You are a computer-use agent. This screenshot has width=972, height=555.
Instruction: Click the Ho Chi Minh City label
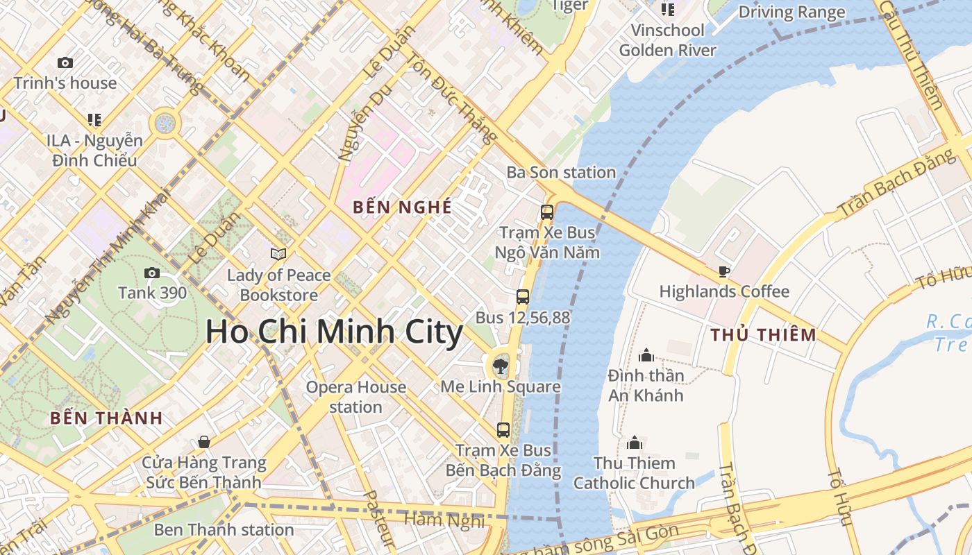[x=334, y=332]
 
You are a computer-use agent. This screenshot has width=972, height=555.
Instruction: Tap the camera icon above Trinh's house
[x=65, y=63]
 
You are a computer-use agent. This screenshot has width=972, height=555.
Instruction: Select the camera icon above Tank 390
[x=151, y=273]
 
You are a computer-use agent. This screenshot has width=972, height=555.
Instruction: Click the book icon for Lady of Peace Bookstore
[x=278, y=254]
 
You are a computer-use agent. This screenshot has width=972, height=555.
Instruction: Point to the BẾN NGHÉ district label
[x=402, y=207]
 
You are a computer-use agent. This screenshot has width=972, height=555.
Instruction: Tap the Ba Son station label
[x=561, y=172]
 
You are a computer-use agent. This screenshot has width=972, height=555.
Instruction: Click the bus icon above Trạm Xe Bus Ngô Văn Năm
[x=547, y=212]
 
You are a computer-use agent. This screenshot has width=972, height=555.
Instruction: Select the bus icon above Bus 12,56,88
[x=523, y=297]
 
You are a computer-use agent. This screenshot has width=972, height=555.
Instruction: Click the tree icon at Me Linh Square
[x=499, y=366]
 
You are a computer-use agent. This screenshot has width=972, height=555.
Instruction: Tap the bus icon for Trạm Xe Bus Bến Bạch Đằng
[x=503, y=430]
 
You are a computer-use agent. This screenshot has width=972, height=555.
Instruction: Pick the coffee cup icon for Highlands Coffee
[x=724, y=272]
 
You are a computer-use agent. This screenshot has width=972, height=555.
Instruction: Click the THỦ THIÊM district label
[x=764, y=335]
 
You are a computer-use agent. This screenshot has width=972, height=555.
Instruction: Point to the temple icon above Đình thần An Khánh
[x=646, y=356]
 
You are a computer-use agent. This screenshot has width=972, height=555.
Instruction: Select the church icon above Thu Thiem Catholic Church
[x=635, y=443]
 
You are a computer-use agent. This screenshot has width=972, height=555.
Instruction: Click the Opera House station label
[x=355, y=397]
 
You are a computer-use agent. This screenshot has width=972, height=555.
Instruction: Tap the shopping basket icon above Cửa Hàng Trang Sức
[x=204, y=442]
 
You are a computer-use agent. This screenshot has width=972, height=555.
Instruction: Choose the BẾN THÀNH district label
[x=106, y=418]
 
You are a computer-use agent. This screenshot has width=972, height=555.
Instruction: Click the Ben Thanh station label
[x=224, y=530]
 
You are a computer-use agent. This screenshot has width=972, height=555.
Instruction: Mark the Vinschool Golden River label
[x=667, y=40]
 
